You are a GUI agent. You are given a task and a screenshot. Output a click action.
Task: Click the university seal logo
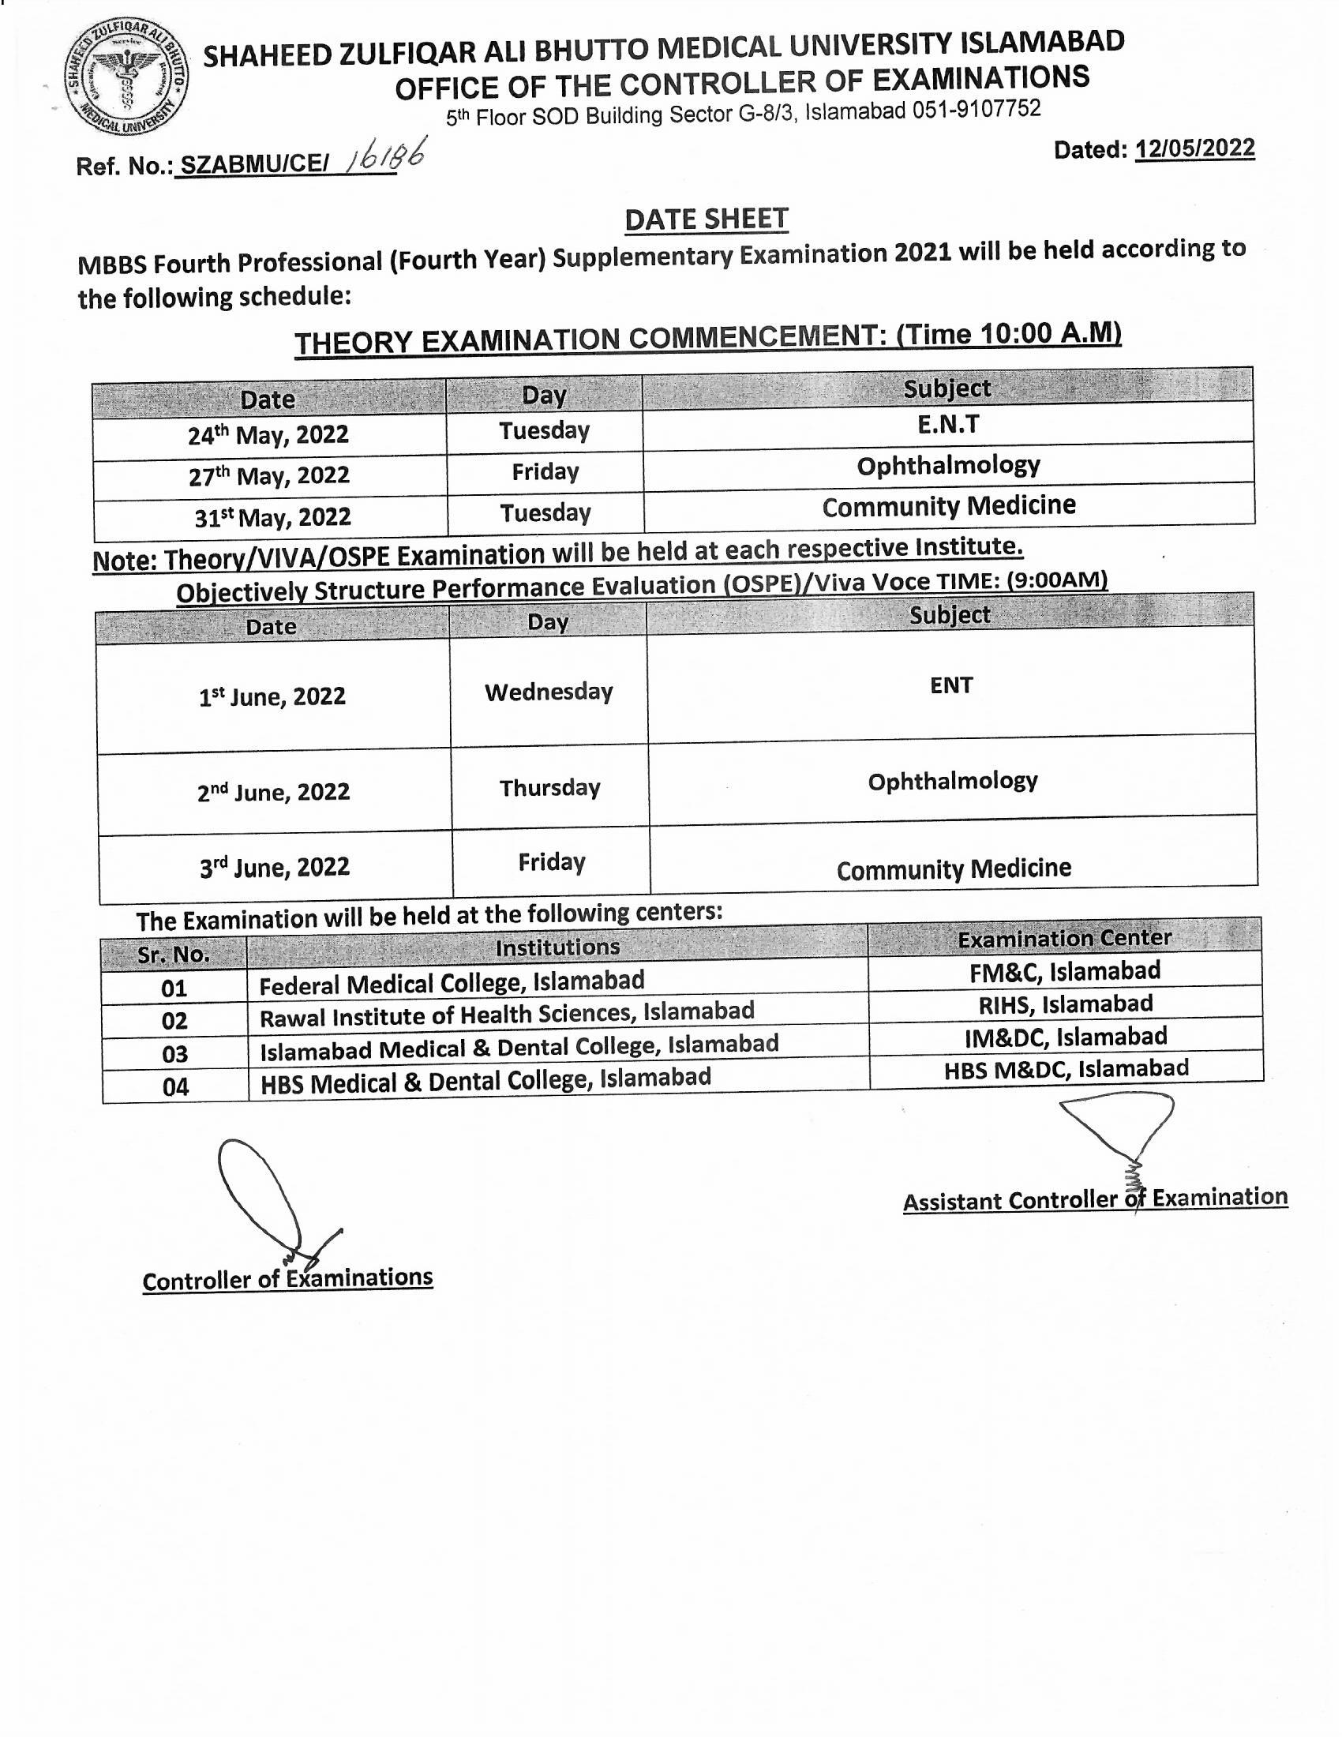pyautogui.click(x=126, y=78)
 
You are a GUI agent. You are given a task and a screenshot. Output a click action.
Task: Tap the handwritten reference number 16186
pyautogui.click(x=383, y=156)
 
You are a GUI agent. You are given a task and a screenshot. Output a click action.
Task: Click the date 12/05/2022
pyautogui.click(x=1195, y=148)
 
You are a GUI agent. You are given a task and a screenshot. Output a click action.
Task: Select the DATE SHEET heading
pyautogui.click(x=706, y=219)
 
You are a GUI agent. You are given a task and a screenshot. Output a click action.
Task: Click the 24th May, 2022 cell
pyautogui.click(x=268, y=435)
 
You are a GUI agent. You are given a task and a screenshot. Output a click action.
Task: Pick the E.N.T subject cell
pyautogui.click(x=947, y=425)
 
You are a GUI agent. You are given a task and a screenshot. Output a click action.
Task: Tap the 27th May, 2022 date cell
pyautogui.click(x=268, y=475)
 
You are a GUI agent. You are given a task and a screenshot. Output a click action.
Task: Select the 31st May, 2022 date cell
pyautogui.click(x=272, y=517)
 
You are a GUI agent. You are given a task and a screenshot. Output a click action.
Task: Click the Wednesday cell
pyautogui.click(x=549, y=692)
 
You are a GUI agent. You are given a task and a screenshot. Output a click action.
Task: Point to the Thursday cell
pyautogui.click(x=549, y=788)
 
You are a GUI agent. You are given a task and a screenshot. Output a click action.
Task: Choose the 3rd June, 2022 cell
pyautogui.click(x=274, y=866)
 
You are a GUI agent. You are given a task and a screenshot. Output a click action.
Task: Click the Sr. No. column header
pyautogui.click(x=174, y=954)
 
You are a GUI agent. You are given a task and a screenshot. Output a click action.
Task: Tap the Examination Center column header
pyautogui.click(x=1064, y=939)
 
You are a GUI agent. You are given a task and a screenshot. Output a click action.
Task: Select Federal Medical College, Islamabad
pyautogui.click(x=452, y=983)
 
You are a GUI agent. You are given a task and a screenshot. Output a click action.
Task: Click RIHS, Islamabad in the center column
pyautogui.click(x=1066, y=1004)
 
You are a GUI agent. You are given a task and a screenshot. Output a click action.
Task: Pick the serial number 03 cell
pyautogui.click(x=175, y=1054)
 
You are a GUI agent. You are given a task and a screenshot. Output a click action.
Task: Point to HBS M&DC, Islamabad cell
pyautogui.click(x=1066, y=1069)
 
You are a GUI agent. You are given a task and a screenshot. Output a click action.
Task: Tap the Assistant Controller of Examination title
pyautogui.click(x=1095, y=1199)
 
